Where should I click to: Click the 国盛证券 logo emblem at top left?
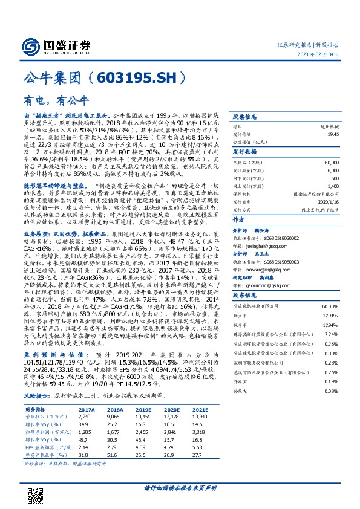31,46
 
